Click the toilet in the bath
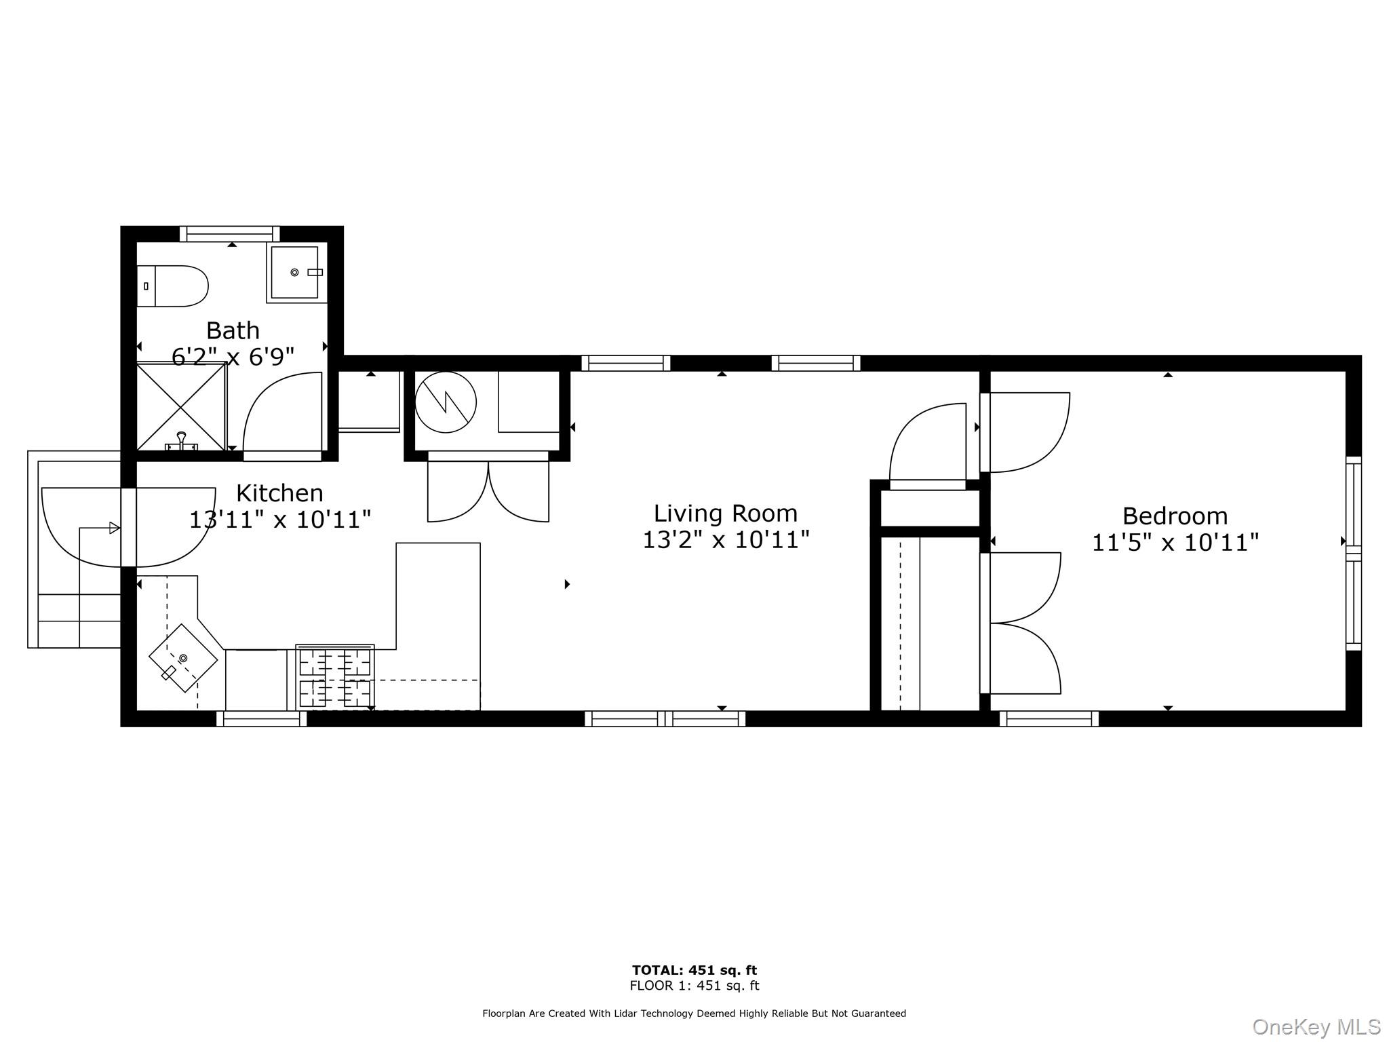point(174,286)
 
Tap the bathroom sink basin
point(294,273)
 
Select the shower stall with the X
point(181,407)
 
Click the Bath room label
point(233,331)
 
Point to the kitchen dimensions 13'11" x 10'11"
point(279,520)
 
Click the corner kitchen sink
point(183,657)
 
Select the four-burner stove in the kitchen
point(335,677)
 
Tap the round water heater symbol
point(446,402)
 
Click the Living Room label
point(725,514)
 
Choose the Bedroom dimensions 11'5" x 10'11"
point(1175,543)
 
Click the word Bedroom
point(1175,516)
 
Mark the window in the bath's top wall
point(230,234)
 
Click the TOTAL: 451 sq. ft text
point(694,970)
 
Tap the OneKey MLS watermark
point(1316,1026)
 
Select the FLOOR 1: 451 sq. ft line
point(694,986)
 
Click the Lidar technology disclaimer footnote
point(694,1014)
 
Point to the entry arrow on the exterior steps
point(114,528)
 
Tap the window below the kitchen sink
point(261,719)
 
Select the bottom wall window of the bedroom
point(1049,719)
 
